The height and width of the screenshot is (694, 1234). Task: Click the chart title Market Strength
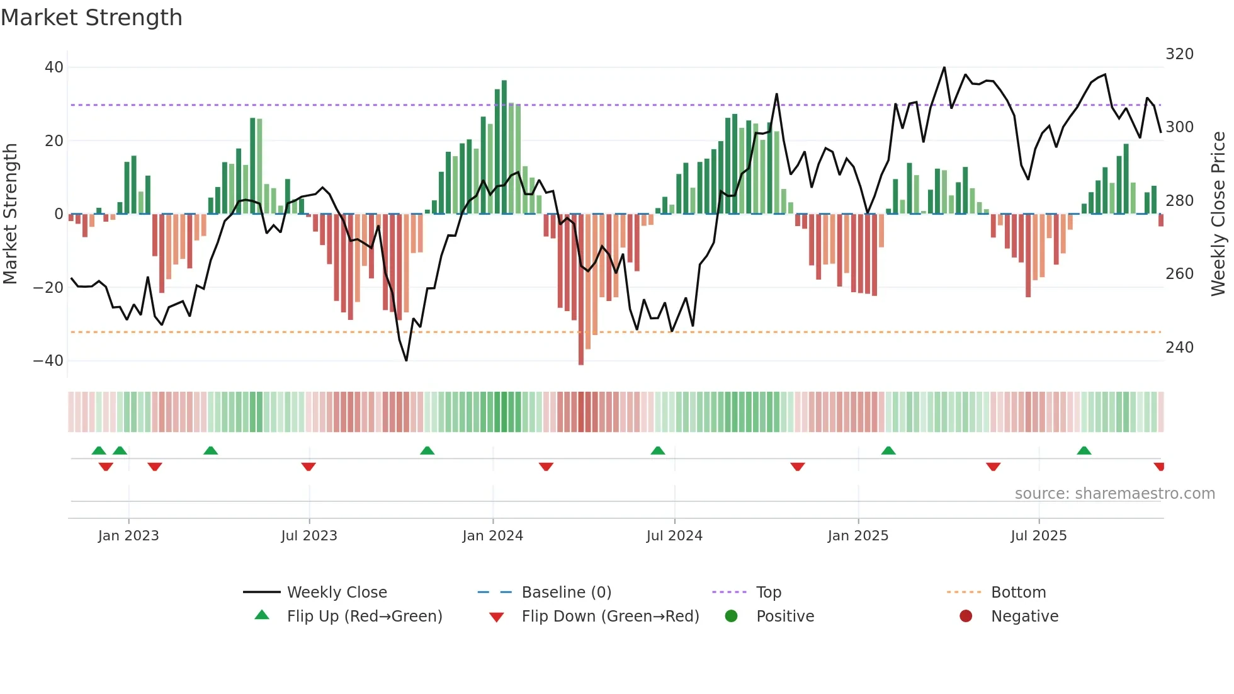click(x=91, y=18)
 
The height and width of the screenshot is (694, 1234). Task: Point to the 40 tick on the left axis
click(x=54, y=67)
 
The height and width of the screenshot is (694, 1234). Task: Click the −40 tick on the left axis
click(x=48, y=361)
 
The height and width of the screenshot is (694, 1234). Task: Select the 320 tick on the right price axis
click(x=1179, y=54)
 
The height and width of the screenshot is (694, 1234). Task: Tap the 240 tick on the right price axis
click(x=1179, y=348)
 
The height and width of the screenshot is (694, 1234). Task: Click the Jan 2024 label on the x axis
click(x=492, y=536)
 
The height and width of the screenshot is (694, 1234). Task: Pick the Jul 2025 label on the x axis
click(x=1038, y=536)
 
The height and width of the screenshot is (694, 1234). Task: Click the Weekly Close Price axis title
click(x=1218, y=214)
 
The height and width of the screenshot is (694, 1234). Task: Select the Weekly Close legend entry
click(x=336, y=593)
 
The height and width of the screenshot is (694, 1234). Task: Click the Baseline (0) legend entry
click(x=566, y=593)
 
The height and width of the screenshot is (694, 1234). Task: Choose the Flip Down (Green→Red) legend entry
click(x=609, y=617)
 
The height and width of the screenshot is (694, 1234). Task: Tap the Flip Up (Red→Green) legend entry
click(x=364, y=617)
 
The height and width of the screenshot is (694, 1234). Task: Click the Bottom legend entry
click(x=1018, y=593)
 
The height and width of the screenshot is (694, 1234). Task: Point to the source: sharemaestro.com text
click(x=1114, y=494)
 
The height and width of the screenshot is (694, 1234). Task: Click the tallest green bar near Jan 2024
click(x=504, y=145)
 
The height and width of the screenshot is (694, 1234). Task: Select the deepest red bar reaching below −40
click(x=581, y=290)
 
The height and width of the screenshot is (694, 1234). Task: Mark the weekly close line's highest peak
click(x=944, y=68)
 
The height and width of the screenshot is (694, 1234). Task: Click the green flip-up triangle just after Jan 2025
click(x=888, y=451)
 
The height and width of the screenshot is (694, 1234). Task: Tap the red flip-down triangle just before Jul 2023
click(x=308, y=467)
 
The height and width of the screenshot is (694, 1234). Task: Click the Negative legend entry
click(x=1024, y=617)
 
